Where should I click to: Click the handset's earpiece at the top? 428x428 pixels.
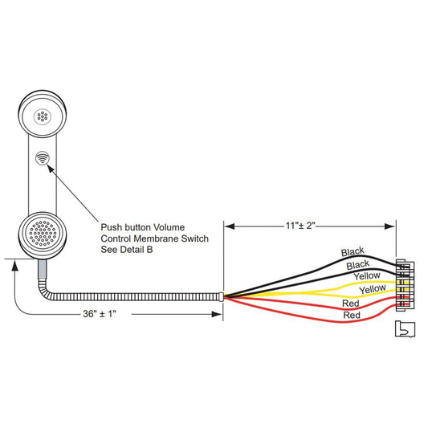pyautogui.click(x=43, y=114)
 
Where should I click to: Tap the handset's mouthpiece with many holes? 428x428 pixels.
pyautogui.click(x=43, y=235)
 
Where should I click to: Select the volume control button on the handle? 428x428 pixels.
pyautogui.click(x=43, y=158)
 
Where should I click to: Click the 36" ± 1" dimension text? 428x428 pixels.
pyautogui.click(x=100, y=314)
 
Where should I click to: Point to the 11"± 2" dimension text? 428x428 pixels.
pyautogui.click(x=300, y=226)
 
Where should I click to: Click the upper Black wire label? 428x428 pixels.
pyautogui.click(x=353, y=251)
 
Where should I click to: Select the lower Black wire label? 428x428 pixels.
pyautogui.click(x=358, y=265)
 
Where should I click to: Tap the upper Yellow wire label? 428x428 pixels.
pyautogui.click(x=367, y=275)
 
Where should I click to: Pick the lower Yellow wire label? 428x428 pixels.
pyautogui.click(x=373, y=289)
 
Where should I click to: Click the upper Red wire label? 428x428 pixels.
pyautogui.click(x=351, y=303)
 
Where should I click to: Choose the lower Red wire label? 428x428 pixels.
pyautogui.click(x=352, y=315)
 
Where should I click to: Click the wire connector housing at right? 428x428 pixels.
pyautogui.click(x=405, y=286)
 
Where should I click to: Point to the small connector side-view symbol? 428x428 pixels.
pyautogui.click(x=405, y=329)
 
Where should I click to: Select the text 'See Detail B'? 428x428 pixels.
pyautogui.click(x=127, y=250)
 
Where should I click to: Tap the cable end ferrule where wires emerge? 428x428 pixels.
pyautogui.click(x=222, y=296)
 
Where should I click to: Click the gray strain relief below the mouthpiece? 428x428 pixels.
pyautogui.click(x=42, y=269)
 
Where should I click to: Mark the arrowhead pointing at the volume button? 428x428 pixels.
pyautogui.click(x=51, y=168)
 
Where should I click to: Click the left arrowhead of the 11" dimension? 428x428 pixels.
pyautogui.click(x=230, y=226)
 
